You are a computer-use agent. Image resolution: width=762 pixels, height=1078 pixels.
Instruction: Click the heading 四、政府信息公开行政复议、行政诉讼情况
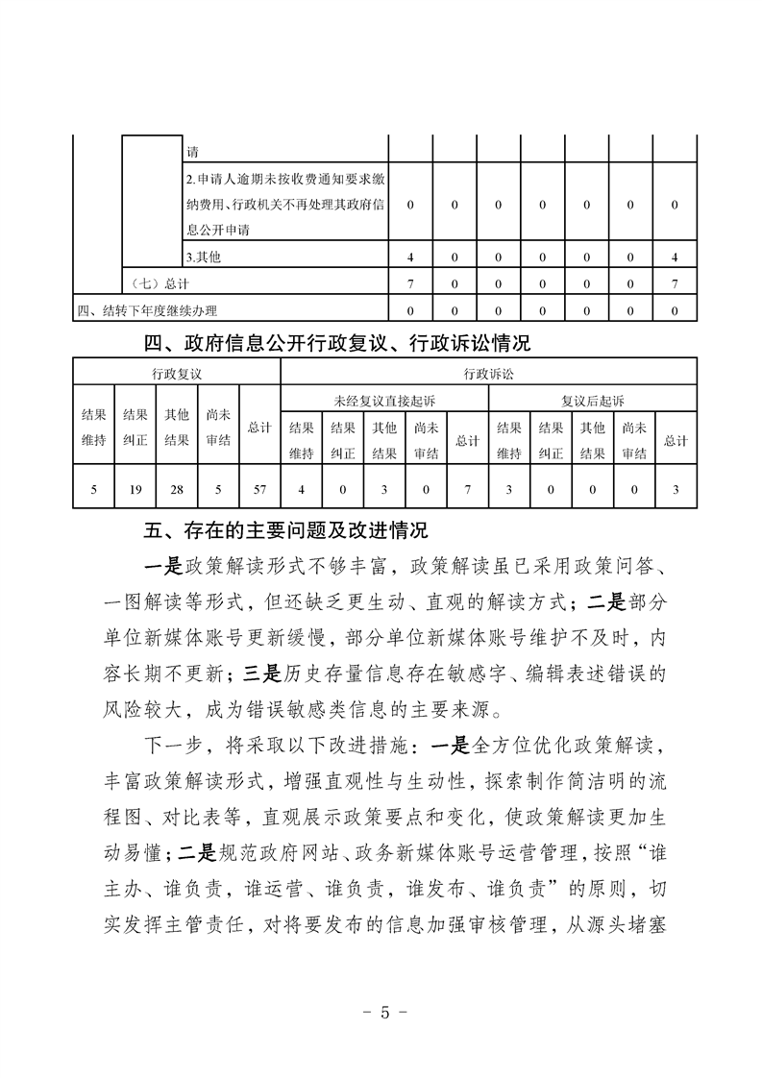(336, 342)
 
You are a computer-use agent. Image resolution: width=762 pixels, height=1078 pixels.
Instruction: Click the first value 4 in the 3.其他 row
(410, 257)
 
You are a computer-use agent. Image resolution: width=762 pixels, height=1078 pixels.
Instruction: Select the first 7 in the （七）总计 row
(410, 283)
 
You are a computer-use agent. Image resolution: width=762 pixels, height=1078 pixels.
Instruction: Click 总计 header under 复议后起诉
(676, 441)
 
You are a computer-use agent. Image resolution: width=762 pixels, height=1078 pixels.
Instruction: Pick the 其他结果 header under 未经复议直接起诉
(384, 441)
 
